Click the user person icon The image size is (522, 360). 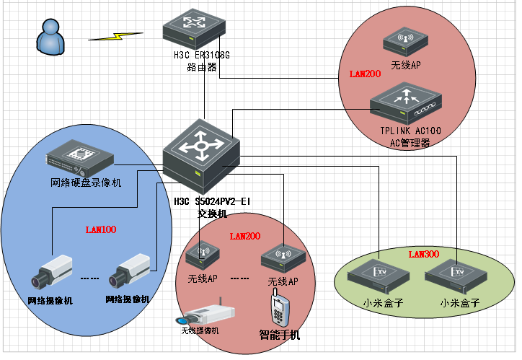pos(48,37)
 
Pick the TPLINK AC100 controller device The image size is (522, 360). pos(407,103)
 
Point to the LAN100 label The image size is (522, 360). pos(101,230)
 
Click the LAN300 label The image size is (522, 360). pos(424,254)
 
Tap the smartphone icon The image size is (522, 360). pos(279,309)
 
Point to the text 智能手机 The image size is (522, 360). pos(280,335)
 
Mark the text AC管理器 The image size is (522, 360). pos(410,142)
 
